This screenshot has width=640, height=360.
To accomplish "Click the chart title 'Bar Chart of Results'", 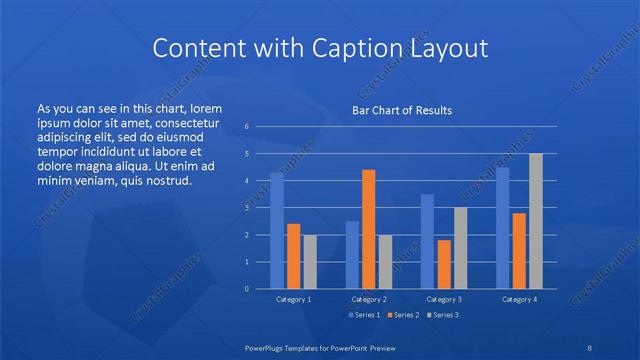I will click(402, 110).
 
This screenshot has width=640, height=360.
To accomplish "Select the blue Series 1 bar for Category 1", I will click(277, 231).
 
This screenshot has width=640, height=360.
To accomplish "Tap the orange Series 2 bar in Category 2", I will click(369, 229).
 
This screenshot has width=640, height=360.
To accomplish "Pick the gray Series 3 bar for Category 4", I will click(535, 221).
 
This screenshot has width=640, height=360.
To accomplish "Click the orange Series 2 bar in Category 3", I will click(444, 264).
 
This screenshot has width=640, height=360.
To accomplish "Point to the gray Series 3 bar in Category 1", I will click(310, 262).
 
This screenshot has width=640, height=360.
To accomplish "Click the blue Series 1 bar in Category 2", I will click(352, 255).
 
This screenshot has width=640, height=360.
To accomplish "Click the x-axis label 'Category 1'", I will click(293, 299).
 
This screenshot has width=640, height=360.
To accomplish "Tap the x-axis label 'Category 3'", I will click(444, 299).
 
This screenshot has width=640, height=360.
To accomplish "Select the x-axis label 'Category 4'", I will click(519, 299).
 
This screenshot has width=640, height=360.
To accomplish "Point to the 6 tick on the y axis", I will click(246, 127).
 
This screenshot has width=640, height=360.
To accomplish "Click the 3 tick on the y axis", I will click(246, 208).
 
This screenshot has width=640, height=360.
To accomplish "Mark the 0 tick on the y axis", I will click(246, 289).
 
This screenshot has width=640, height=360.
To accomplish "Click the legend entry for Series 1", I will click(364, 315).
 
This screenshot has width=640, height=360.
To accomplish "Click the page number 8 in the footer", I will click(590, 346).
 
